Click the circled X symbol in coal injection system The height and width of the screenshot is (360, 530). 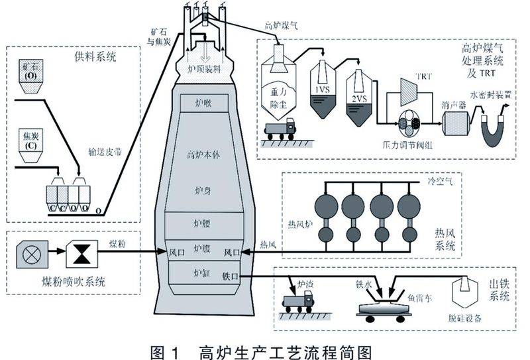tap(30, 252)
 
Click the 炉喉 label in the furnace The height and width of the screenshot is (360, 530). tap(203, 102)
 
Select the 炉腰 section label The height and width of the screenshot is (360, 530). tap(203, 223)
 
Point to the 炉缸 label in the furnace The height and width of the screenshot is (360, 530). tap(201, 272)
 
